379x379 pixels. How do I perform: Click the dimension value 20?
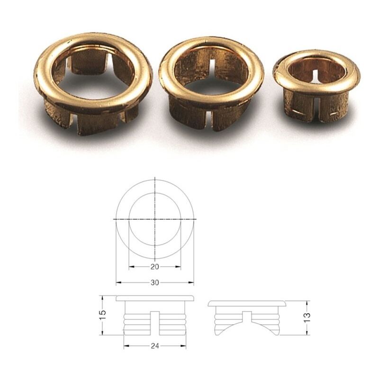[155, 267]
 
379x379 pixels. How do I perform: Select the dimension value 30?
[155, 282]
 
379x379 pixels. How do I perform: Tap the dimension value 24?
[155, 346]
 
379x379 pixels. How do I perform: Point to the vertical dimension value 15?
[102, 315]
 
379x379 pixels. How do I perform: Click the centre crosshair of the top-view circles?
[155, 219]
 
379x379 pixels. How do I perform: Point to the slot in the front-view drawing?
[155, 323]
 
